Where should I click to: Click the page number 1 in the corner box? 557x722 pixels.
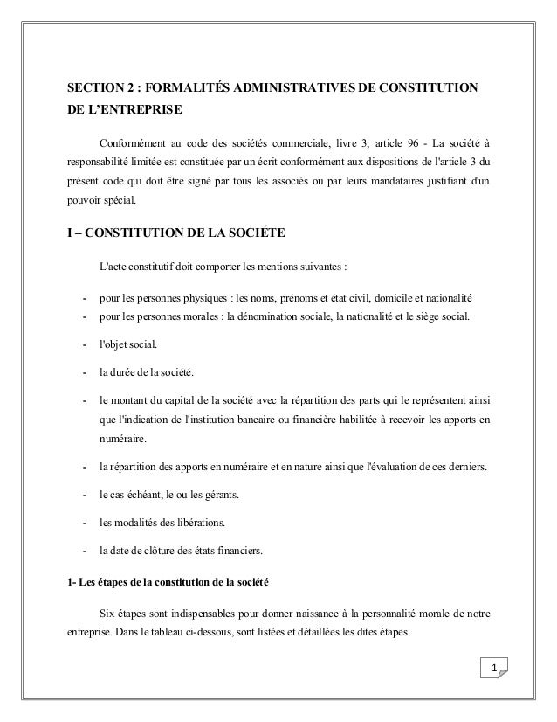tap(493, 670)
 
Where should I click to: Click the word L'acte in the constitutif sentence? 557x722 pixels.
tap(113, 267)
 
